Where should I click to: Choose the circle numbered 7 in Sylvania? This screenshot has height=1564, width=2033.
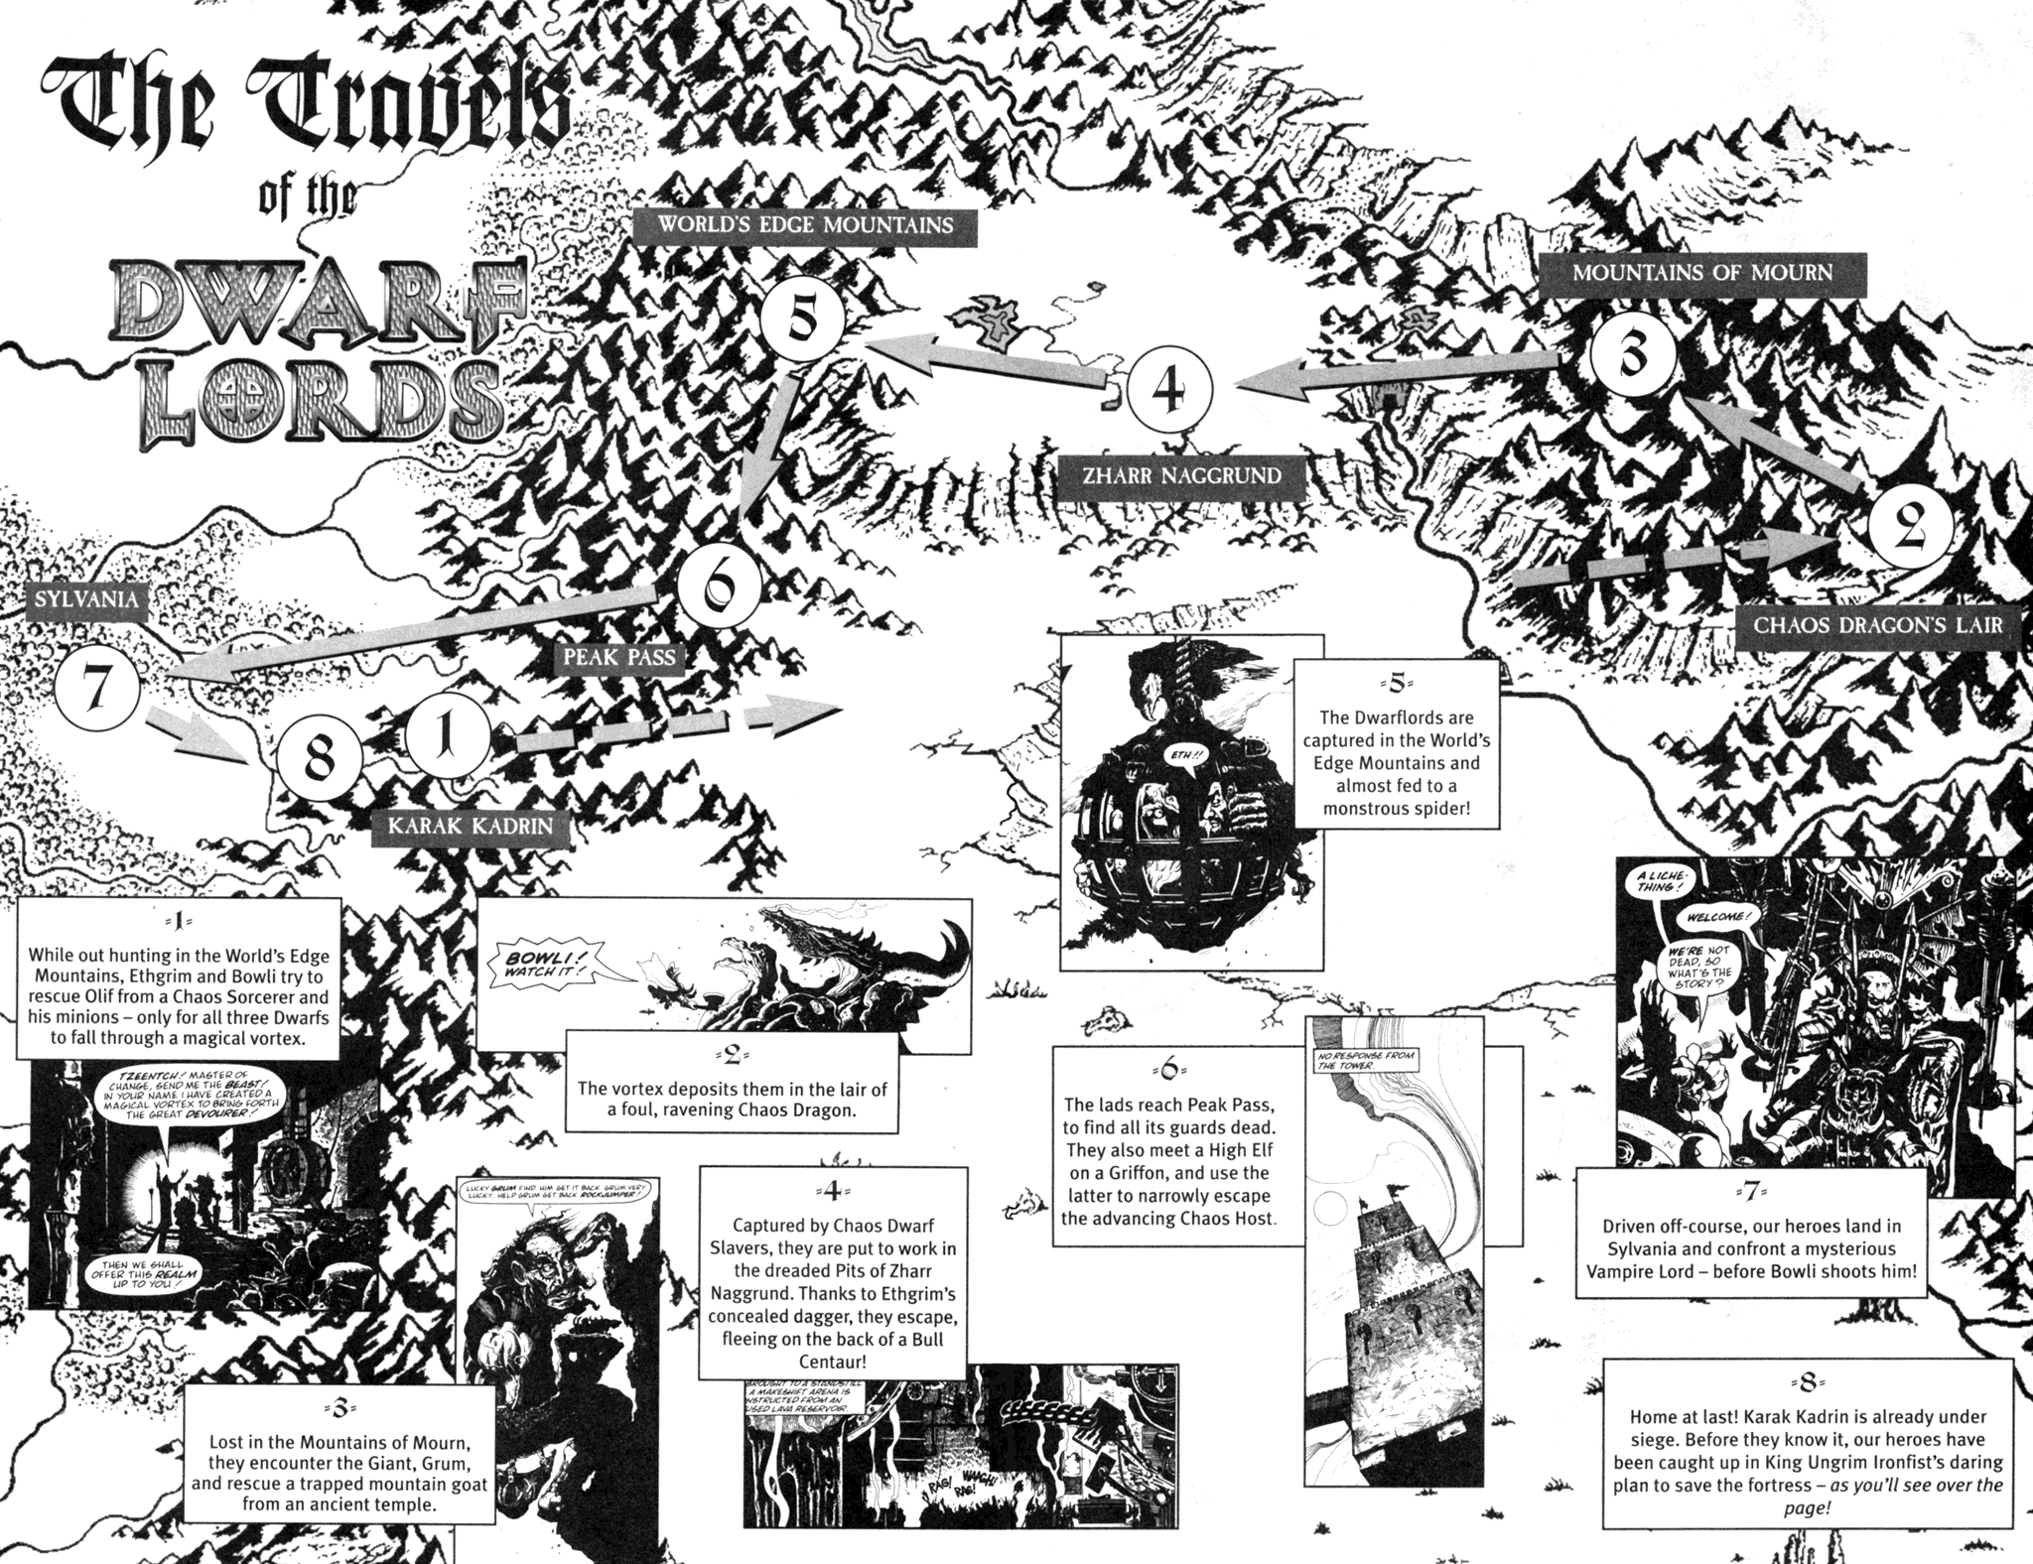coord(95,688)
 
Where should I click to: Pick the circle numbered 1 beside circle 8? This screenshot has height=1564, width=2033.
coord(447,741)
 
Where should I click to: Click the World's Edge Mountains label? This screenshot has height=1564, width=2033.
coord(804,225)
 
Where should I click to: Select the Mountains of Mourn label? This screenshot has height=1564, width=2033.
coord(1702,272)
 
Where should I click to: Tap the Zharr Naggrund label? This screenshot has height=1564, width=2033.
coord(1181,475)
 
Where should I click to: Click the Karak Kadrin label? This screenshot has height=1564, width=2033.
coord(472,826)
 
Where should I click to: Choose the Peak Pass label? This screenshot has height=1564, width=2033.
coord(618,656)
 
